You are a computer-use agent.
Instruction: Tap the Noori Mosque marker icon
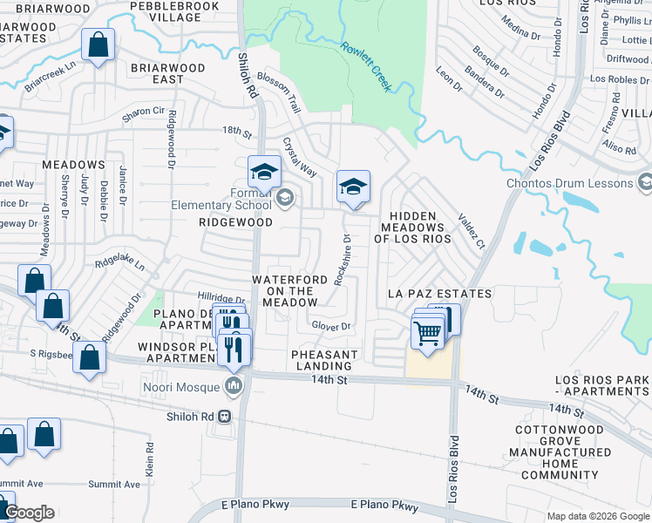pos(234,385)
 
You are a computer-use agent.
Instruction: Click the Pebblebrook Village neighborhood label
pos(166,11)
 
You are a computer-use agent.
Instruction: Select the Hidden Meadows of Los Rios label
pos(412,227)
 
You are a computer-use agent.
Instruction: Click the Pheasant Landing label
pos(324,360)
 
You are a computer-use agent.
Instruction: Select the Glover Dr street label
pos(330,326)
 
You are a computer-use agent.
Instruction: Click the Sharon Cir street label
pos(143,112)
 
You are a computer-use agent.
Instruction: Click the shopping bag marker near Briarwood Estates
pos(98,44)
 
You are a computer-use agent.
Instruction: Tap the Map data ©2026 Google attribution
pos(597,515)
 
